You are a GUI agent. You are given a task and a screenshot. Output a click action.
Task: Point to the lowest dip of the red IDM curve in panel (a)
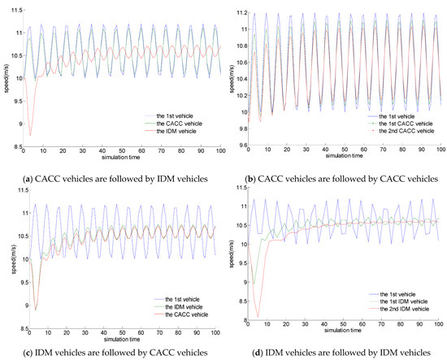[30, 135]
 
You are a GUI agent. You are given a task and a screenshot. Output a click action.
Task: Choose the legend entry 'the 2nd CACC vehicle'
[402, 129]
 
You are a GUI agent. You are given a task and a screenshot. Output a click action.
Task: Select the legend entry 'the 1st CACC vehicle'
[402, 120]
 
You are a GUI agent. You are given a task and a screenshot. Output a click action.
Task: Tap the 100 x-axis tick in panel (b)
[439, 153]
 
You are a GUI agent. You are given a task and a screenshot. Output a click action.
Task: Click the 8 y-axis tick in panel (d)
[237, 321]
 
